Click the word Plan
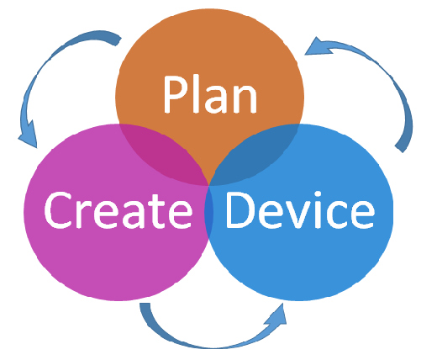tap(210, 94)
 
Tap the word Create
tap(118, 209)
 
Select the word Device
tap(300, 209)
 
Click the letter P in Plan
tap(175, 94)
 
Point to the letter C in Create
tap(58, 209)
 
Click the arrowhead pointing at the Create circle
tap(29, 135)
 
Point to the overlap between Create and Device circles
tap(209, 212)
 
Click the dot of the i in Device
tap(318, 194)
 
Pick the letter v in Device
tap(297, 214)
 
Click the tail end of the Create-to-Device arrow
tap(145, 304)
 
